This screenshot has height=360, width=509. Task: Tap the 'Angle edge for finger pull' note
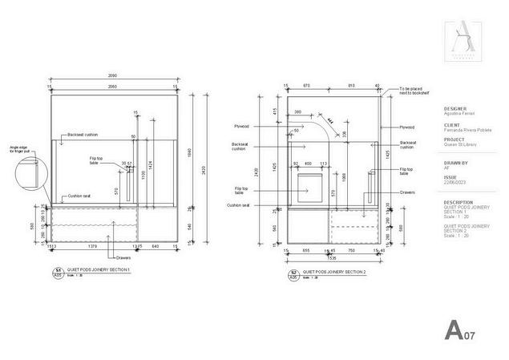pyautogui.click(x=19, y=149)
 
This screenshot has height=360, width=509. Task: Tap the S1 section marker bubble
pyautogui.click(x=57, y=272)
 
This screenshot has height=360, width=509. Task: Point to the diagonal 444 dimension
pyautogui.click(x=329, y=115)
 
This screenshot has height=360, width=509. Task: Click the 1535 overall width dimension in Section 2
pyautogui.click(x=333, y=259)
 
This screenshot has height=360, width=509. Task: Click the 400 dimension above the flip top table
pyautogui.click(x=308, y=164)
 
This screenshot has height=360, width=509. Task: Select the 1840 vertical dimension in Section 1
pyautogui.click(x=190, y=152)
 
